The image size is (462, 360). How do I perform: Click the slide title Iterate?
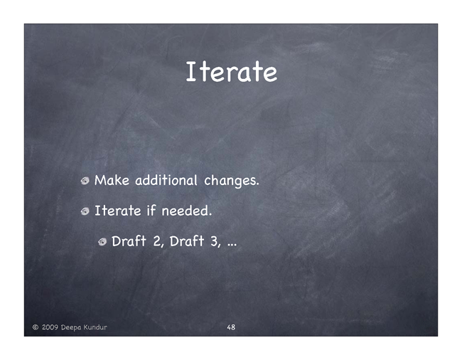pos(231,71)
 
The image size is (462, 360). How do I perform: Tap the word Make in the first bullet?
pos(112,180)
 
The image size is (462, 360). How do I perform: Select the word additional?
pos(166,180)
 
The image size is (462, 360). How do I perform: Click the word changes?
pos(232,181)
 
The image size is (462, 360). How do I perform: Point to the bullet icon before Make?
pos(85,181)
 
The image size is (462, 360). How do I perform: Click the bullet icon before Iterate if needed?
pos(85,211)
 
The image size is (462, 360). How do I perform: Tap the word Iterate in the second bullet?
pos(117,211)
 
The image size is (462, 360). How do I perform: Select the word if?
pos(151,211)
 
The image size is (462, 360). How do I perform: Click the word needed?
pos(187,211)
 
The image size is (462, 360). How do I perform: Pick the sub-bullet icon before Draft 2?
pos(102,242)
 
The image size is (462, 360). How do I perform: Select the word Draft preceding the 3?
pos(187,241)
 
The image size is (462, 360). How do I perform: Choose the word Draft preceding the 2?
pos(129,241)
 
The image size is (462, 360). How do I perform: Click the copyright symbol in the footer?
pos(36,327)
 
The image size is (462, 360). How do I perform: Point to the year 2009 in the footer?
pos(50,327)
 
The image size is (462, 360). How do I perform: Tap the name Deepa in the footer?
pos(70,327)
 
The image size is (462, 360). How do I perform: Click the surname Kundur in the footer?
pos(95,327)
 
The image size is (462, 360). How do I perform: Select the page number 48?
pos(231,327)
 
